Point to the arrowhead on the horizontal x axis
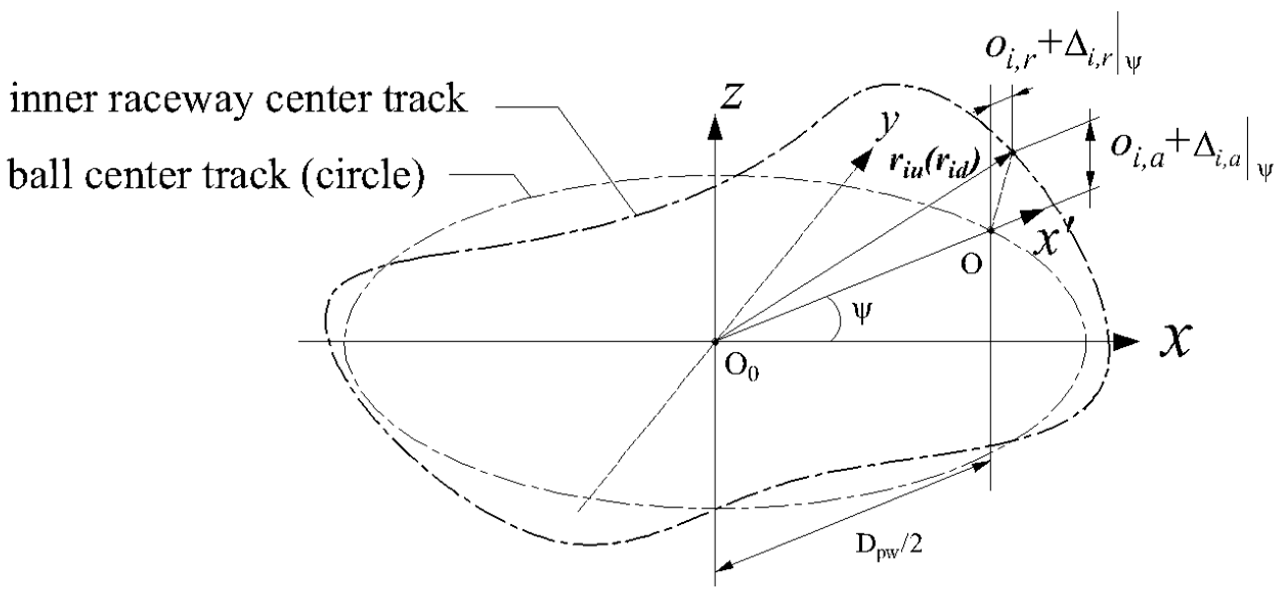[x=1125, y=341]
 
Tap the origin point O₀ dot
[x=715, y=341]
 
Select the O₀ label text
[x=741, y=368]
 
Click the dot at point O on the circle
[x=990, y=230]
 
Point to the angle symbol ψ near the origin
[x=862, y=313]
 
